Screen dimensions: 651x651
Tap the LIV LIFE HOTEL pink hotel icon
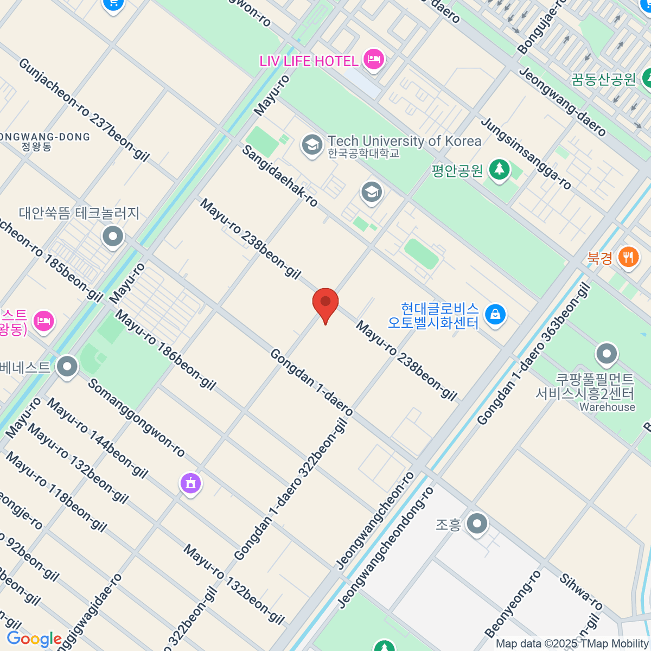[x=374, y=59]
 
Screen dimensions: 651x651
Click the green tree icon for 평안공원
[x=499, y=170]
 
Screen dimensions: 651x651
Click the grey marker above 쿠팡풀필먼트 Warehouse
[x=607, y=354]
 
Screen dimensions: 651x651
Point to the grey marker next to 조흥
[x=477, y=524]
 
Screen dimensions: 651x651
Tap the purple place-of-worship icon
[x=190, y=482]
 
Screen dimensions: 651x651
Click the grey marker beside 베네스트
[x=67, y=367]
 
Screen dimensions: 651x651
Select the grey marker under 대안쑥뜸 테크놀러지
[x=113, y=237]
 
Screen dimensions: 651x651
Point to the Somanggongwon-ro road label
[x=136, y=418]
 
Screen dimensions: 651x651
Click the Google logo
[x=34, y=639]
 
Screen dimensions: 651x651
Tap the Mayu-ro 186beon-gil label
[x=165, y=350]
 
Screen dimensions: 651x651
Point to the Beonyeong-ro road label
[x=513, y=604]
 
